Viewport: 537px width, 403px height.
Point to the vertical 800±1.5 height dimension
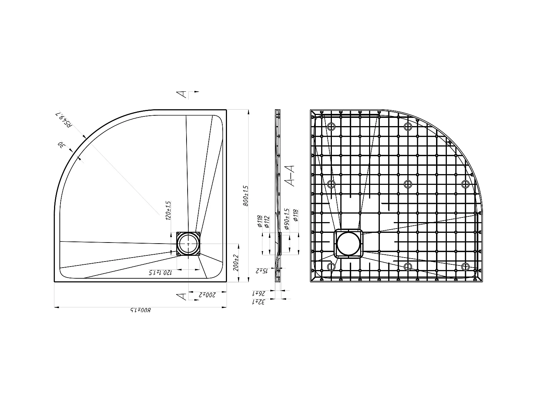point(246,196)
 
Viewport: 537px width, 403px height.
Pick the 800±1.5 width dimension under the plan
point(140,310)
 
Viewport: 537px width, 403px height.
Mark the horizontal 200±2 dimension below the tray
point(207,295)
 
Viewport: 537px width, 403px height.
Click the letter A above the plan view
point(182,94)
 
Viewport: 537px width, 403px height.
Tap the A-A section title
point(290,176)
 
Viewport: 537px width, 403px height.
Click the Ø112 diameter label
point(267,221)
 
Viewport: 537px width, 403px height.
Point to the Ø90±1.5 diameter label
point(286,219)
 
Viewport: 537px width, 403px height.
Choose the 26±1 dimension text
point(258,293)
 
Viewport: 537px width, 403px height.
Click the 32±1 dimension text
point(258,302)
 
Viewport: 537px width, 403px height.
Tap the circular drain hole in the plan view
point(189,244)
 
